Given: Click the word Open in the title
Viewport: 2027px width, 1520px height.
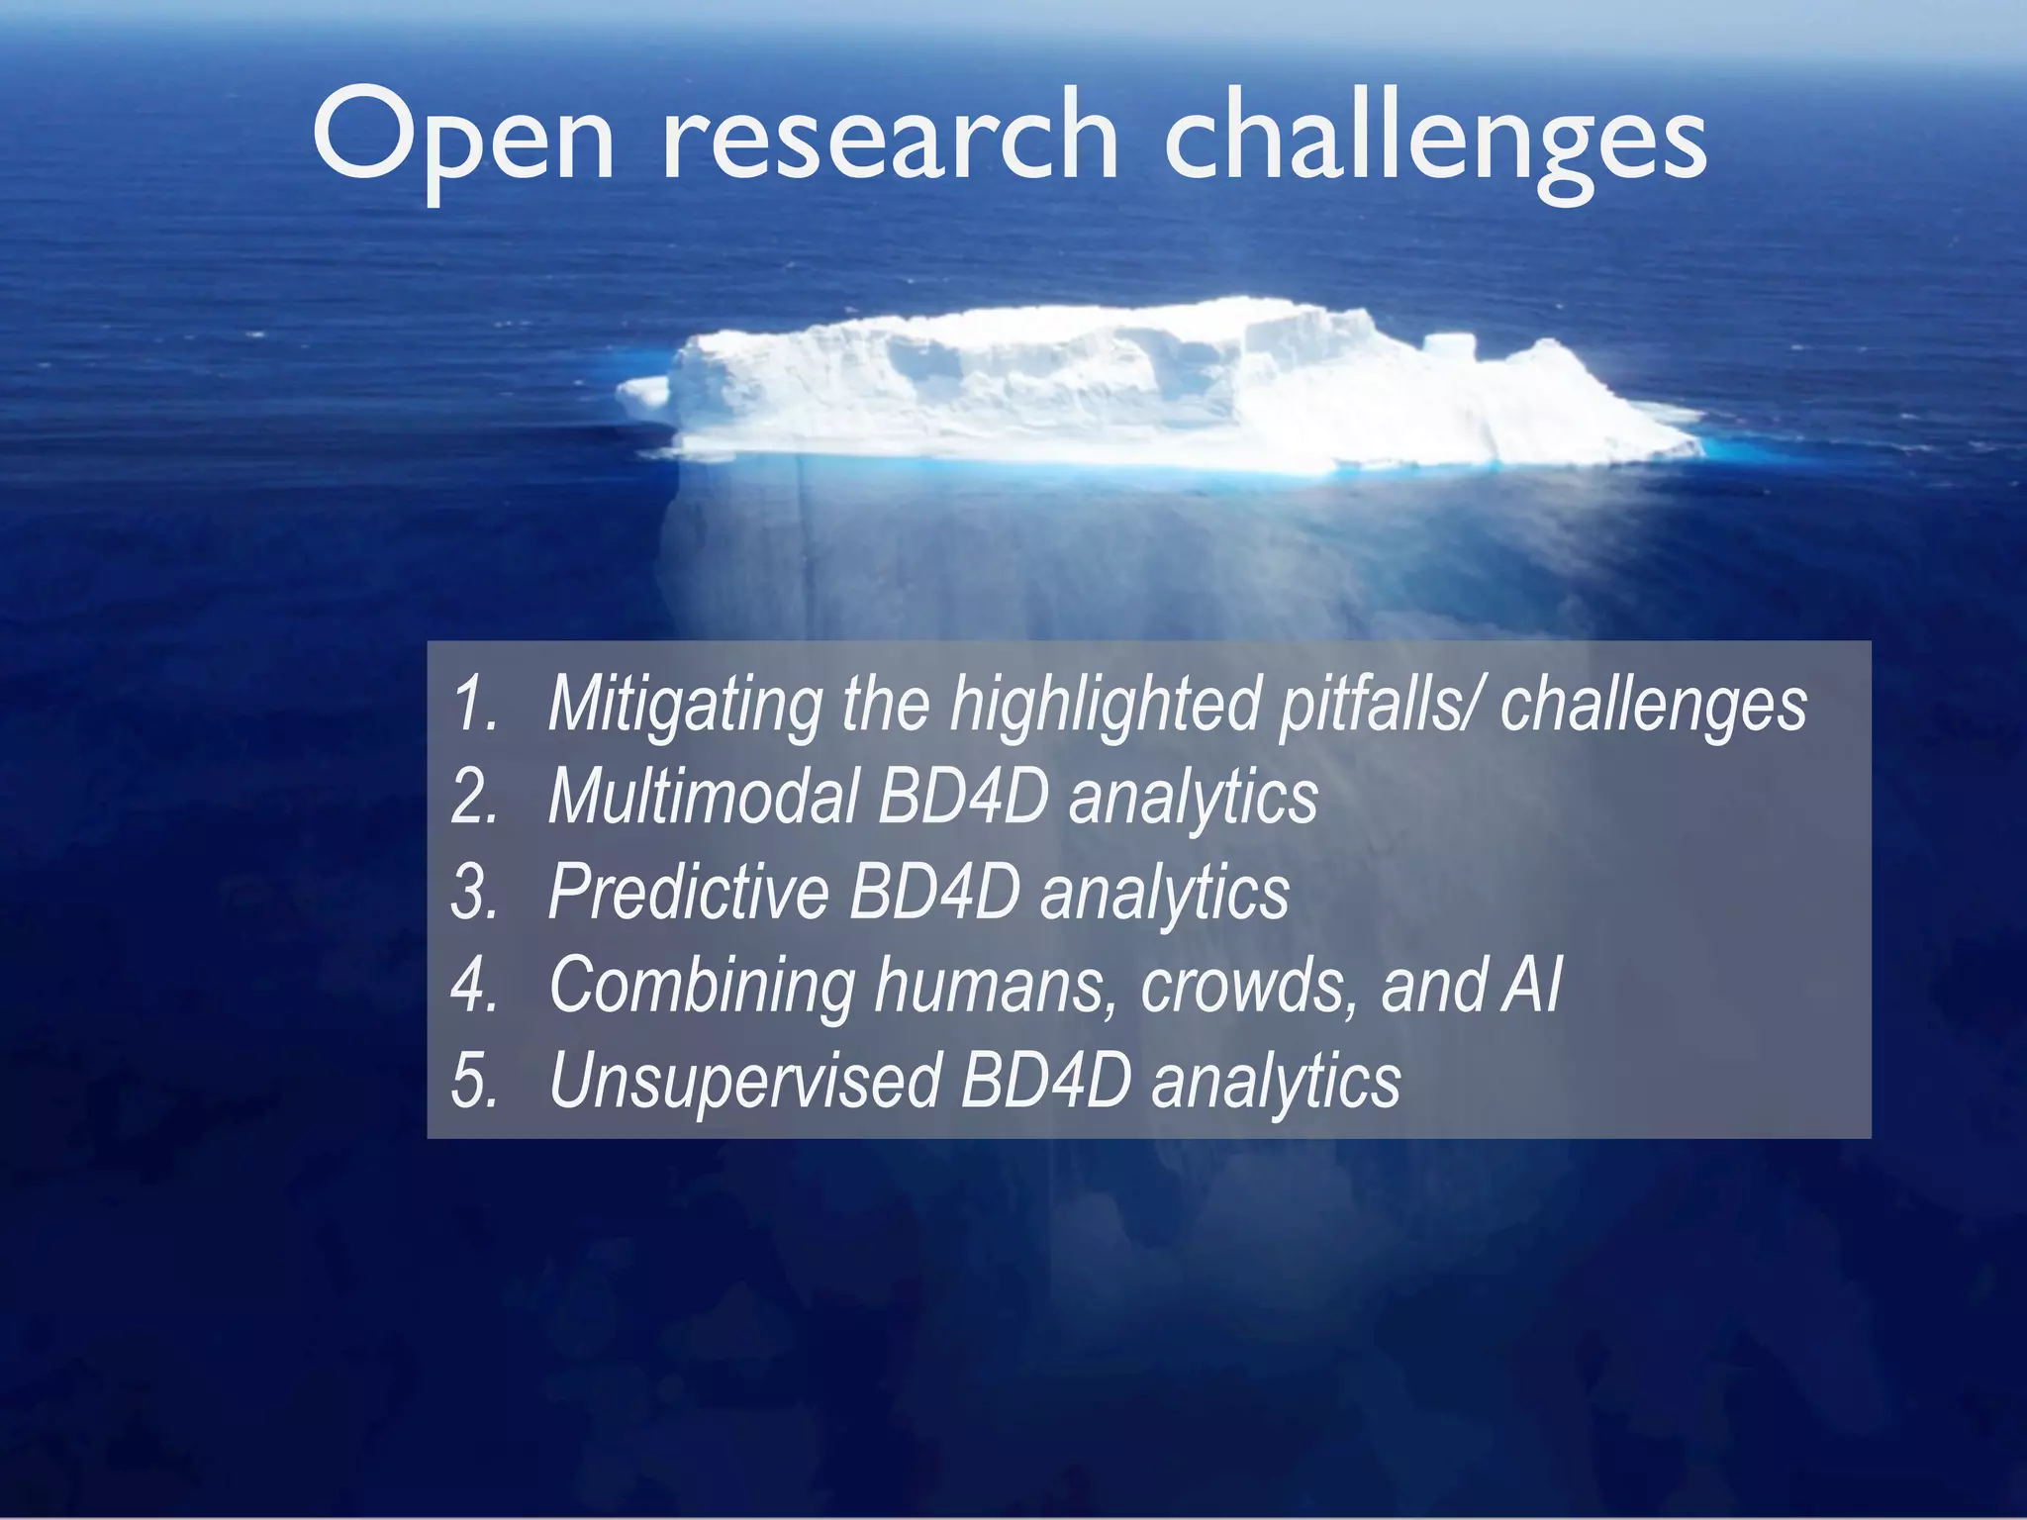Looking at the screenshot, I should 463,139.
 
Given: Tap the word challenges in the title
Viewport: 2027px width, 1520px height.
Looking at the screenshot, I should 1434,139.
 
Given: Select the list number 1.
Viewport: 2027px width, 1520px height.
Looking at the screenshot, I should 474,704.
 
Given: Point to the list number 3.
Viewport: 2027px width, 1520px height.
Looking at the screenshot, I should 474,892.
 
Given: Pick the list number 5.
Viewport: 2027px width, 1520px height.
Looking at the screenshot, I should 474,1080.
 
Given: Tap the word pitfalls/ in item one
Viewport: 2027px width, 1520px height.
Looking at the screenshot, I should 1381,704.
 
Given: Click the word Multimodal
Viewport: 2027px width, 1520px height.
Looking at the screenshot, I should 704,797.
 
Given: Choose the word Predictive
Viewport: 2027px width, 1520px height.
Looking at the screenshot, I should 688,892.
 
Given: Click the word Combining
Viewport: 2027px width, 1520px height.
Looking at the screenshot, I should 702,986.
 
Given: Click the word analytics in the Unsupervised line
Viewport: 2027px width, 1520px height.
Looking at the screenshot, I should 1276,1082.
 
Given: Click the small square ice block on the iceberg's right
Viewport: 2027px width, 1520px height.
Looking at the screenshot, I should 1449,348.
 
